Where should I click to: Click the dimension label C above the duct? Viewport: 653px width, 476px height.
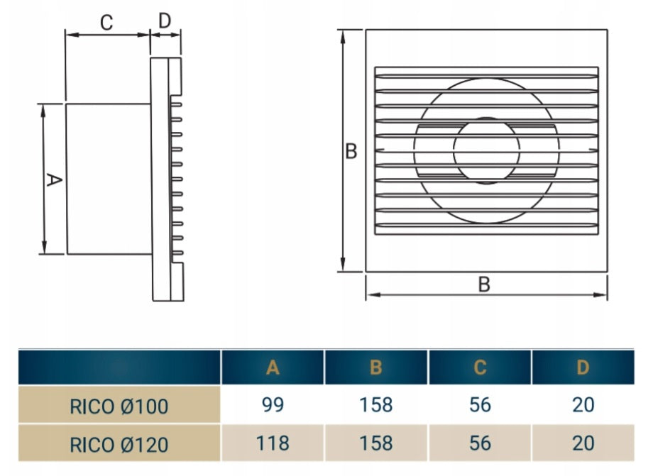(x=106, y=23)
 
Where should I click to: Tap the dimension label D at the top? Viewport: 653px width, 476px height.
(x=165, y=21)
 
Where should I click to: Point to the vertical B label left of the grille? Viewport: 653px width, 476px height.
(x=351, y=152)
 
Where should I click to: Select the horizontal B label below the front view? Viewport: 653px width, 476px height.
(x=484, y=284)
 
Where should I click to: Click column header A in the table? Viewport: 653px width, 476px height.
(x=273, y=367)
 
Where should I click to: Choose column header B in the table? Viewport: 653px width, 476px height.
(x=376, y=367)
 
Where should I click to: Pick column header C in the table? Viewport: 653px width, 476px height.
(x=480, y=367)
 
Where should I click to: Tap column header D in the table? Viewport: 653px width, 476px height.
(x=583, y=367)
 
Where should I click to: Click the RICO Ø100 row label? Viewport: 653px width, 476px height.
(x=119, y=406)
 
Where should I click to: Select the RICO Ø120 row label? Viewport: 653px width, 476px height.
(x=119, y=444)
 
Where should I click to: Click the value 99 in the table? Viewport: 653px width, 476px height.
(x=273, y=405)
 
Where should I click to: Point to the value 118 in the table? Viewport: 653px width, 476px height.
(x=273, y=443)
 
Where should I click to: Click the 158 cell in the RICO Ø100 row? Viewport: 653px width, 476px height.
(x=376, y=405)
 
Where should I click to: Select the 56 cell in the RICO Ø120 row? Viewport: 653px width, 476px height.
(x=480, y=443)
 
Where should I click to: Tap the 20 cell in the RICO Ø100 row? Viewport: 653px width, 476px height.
(x=583, y=405)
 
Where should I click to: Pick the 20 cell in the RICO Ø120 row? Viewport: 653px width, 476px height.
(x=583, y=443)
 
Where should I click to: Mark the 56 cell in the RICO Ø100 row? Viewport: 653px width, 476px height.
(x=480, y=405)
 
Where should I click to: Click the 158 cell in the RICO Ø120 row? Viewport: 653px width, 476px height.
(x=376, y=443)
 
